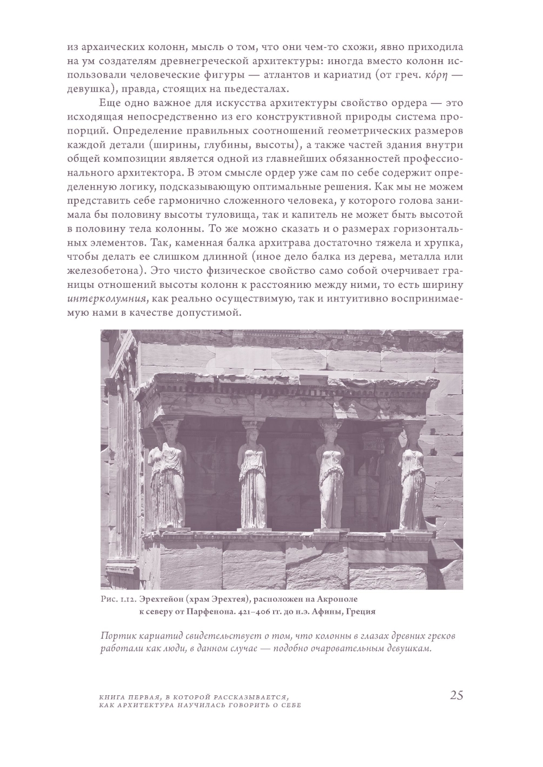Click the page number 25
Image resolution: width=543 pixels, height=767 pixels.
[x=456, y=695]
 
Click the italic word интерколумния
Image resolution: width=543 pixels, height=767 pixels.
[x=106, y=298]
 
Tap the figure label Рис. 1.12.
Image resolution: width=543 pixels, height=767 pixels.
[x=118, y=599]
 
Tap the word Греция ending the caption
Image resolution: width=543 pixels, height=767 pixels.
[x=357, y=611]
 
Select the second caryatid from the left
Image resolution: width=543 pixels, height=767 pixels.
[x=252, y=478]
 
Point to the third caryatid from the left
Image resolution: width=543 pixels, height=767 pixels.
[x=331, y=478]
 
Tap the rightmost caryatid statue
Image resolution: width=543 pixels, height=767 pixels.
[x=412, y=478]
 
